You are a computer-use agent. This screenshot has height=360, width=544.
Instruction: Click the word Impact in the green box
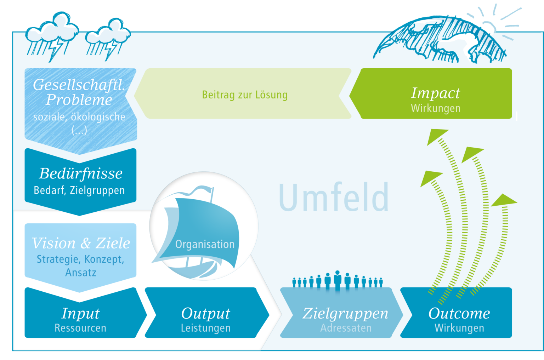click(435, 93)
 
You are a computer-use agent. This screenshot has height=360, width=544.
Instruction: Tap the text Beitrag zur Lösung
click(245, 95)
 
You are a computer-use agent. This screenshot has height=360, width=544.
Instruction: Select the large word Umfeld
click(334, 197)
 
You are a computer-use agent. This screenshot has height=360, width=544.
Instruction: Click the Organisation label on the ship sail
click(205, 244)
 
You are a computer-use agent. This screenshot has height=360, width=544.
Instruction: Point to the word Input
click(80, 313)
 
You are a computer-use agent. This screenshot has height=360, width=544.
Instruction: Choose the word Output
click(205, 313)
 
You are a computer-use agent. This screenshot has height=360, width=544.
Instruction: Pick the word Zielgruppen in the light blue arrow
click(345, 313)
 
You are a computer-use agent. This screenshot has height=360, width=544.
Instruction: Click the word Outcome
click(459, 313)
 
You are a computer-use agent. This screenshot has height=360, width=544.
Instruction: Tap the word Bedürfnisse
click(81, 173)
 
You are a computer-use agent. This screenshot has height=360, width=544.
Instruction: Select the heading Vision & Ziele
click(81, 243)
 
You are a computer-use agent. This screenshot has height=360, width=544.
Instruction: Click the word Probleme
click(79, 100)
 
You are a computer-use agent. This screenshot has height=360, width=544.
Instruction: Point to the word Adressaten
click(346, 328)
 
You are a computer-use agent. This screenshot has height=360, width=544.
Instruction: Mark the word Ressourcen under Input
click(80, 328)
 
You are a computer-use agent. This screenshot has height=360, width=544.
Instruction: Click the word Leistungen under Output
click(205, 328)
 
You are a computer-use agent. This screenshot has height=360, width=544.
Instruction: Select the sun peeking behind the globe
click(488, 27)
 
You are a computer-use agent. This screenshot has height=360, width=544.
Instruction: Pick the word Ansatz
click(81, 273)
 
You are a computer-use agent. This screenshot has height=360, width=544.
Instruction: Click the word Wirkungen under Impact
click(436, 108)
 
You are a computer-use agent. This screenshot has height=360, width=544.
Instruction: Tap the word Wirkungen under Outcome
click(459, 328)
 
